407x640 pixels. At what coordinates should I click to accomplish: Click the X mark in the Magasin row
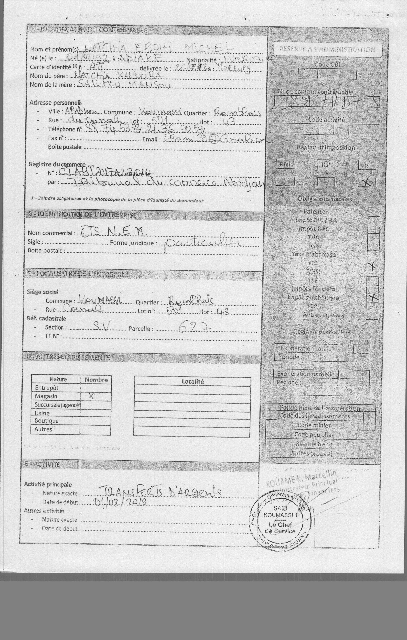point(92,396)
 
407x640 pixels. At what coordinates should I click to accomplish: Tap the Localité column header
point(193,381)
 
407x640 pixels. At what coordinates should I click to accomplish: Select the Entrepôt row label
point(47,388)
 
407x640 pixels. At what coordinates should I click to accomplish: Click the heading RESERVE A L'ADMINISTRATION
point(327,49)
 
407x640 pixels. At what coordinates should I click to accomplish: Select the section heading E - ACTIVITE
point(42,464)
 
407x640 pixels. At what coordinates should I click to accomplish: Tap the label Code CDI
point(327,64)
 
